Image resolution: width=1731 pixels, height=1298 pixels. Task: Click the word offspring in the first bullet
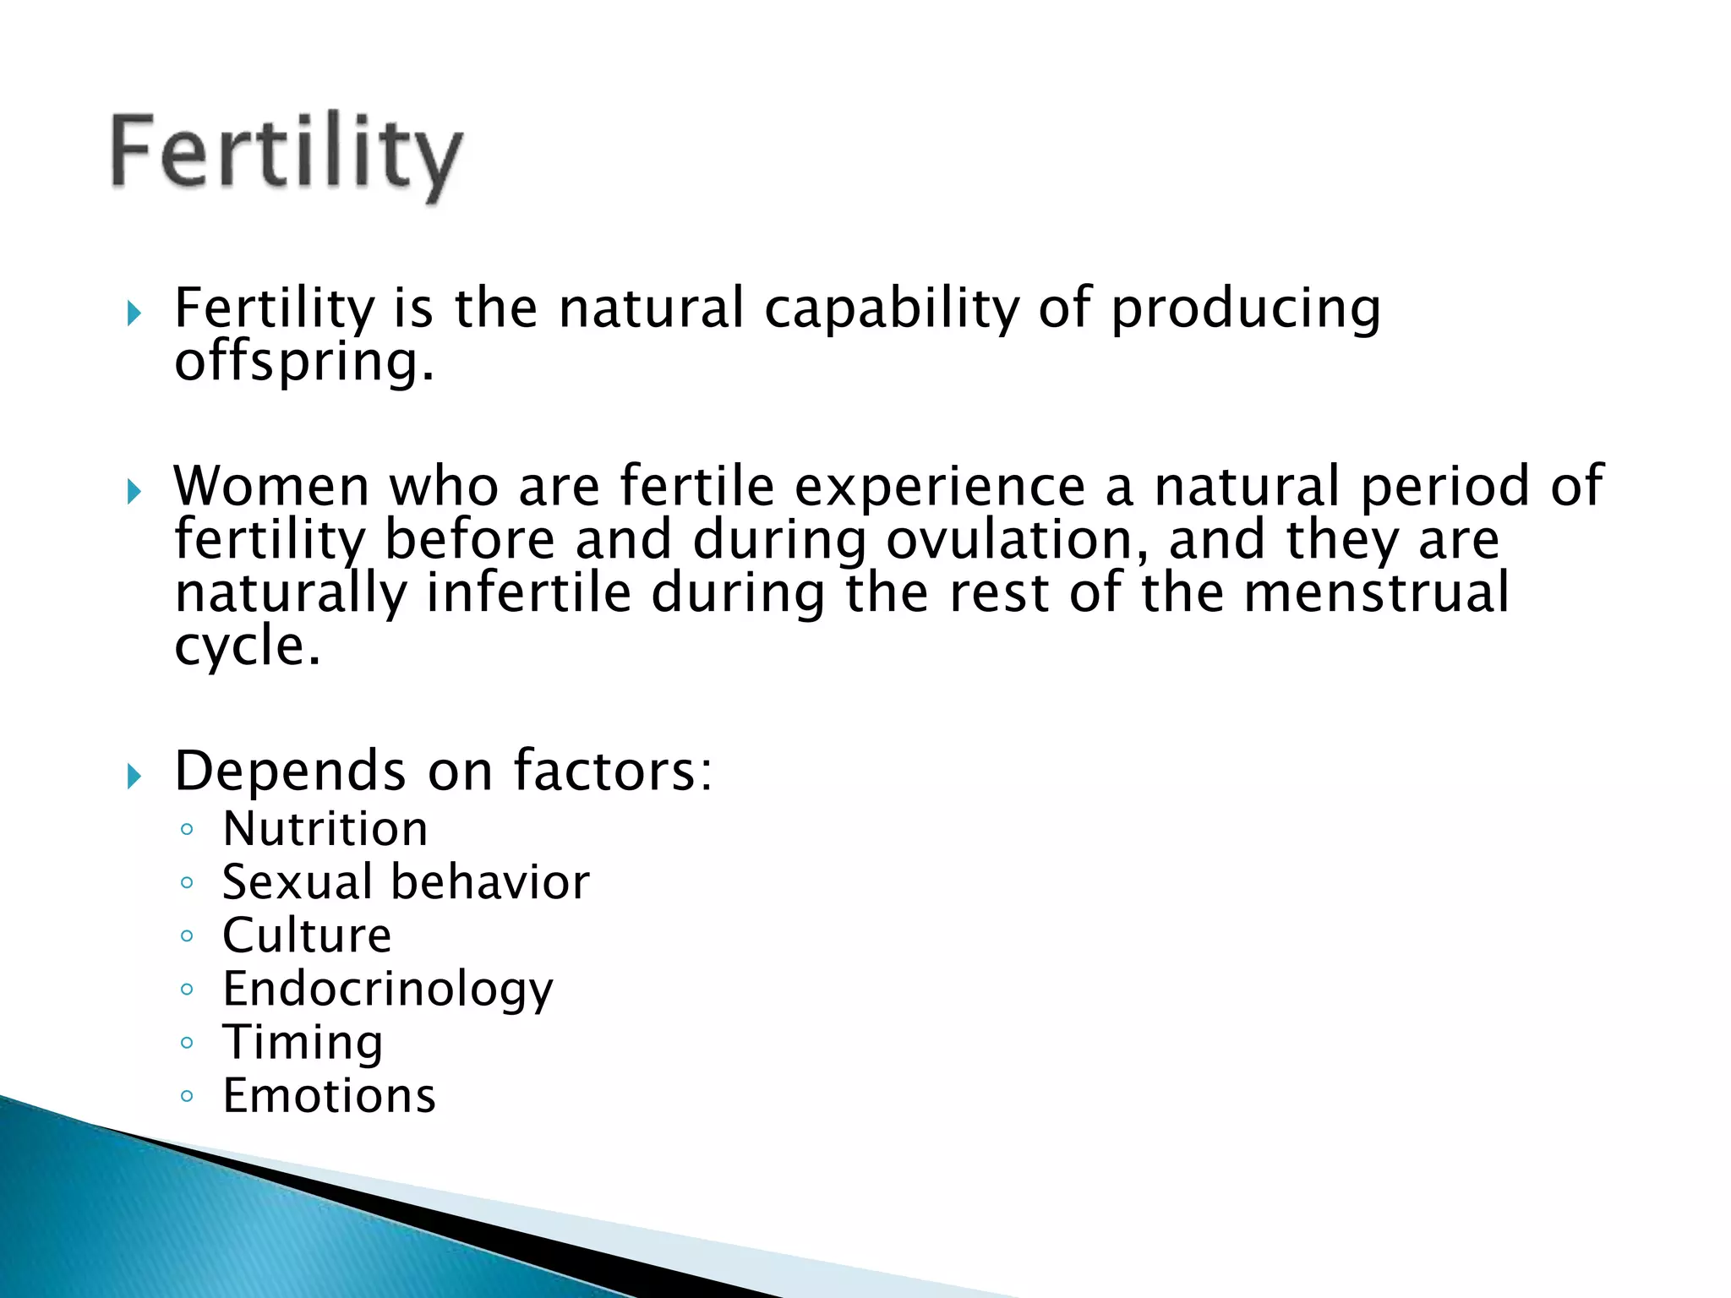coord(303,362)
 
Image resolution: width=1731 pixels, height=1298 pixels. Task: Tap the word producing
coord(1245,309)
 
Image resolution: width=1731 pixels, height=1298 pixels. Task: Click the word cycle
coord(247,646)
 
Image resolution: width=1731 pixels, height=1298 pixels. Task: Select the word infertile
coord(528,592)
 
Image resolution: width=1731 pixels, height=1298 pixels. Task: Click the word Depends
coord(290,772)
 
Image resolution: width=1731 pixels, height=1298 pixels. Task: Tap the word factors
coord(613,772)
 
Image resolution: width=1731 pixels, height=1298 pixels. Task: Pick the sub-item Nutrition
coord(325,829)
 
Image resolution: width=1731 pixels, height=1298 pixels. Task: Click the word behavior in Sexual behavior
coord(490,882)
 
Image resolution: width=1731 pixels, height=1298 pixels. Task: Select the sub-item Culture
coord(307,935)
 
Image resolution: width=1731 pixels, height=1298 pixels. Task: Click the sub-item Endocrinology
coord(388,990)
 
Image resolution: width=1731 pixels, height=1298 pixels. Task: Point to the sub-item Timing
coord(303,1043)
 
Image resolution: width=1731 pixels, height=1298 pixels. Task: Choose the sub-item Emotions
coord(329,1096)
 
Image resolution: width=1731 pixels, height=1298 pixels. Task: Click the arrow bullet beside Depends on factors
coord(134,775)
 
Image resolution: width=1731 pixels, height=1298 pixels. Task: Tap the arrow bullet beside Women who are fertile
coord(134,490)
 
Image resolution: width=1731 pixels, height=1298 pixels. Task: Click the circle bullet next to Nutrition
coord(187,829)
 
